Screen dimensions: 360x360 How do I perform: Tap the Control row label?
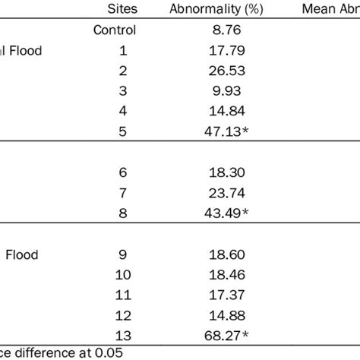[115, 31]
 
